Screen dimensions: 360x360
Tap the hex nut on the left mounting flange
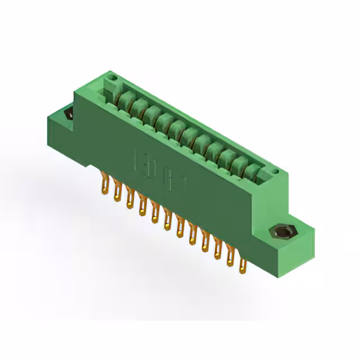pos(69,114)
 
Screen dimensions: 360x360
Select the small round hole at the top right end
pos(275,168)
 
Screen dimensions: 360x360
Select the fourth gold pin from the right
pos(205,243)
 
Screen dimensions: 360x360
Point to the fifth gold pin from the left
pos(155,214)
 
